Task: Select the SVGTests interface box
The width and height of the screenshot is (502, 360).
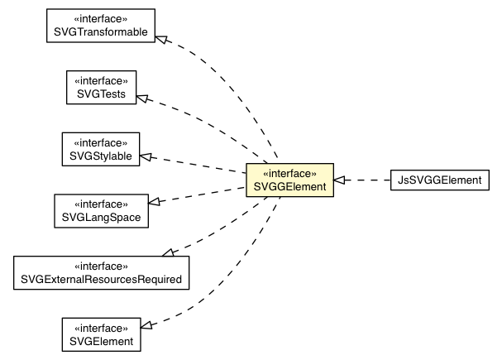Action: (x=101, y=87)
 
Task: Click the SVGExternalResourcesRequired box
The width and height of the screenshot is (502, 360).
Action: (x=101, y=272)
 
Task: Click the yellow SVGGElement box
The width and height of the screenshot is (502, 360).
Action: (x=289, y=180)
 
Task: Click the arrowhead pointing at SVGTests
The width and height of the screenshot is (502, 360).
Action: (x=143, y=98)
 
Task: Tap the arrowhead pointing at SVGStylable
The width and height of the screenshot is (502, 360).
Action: (x=147, y=156)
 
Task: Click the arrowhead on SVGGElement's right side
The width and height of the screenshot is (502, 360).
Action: (x=339, y=180)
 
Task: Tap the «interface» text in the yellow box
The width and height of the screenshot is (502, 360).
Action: (x=289, y=174)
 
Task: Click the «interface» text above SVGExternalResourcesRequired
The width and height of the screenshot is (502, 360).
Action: (x=101, y=266)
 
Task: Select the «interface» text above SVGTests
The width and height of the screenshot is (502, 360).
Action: (x=101, y=80)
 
